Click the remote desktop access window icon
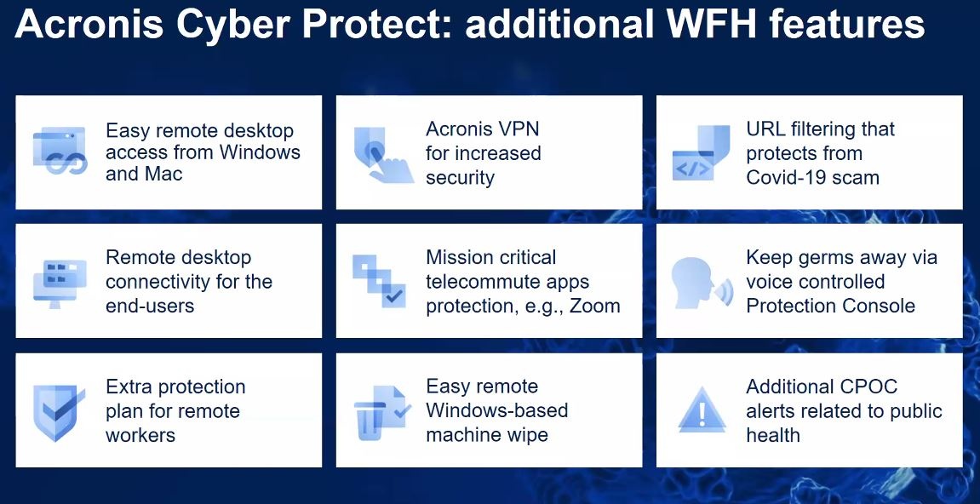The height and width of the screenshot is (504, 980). pyautogui.click(x=60, y=151)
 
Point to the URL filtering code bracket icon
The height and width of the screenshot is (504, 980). pyautogui.click(x=701, y=153)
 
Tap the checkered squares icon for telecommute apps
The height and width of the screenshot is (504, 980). pyautogui.click(x=380, y=282)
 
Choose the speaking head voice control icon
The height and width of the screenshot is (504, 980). pyautogui.click(x=702, y=283)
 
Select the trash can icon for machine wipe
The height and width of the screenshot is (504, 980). pyautogui.click(x=382, y=413)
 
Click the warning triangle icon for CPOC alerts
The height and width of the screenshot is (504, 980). pyautogui.click(x=702, y=409)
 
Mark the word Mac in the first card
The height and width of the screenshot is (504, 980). pyautogui.click(x=163, y=173)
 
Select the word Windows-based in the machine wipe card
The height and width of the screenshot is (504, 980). pyautogui.click(x=497, y=410)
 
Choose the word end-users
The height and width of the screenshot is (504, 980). pyautogui.click(x=150, y=305)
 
